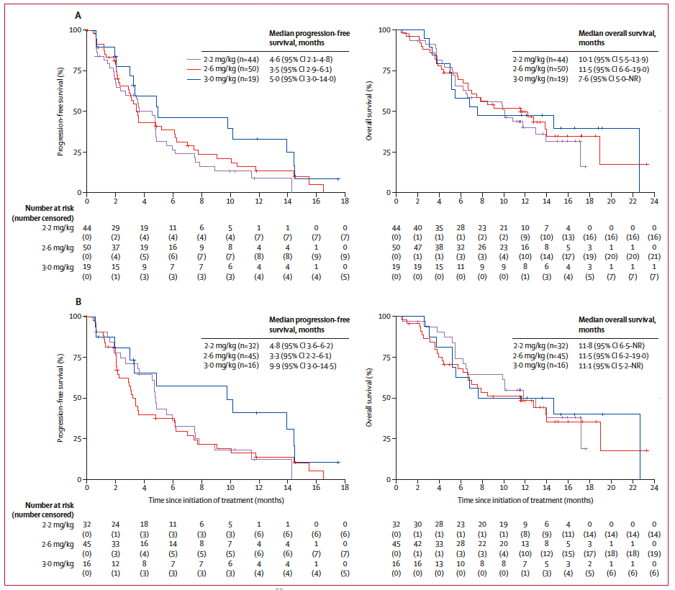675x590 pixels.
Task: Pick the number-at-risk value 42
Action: tap(417, 534)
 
